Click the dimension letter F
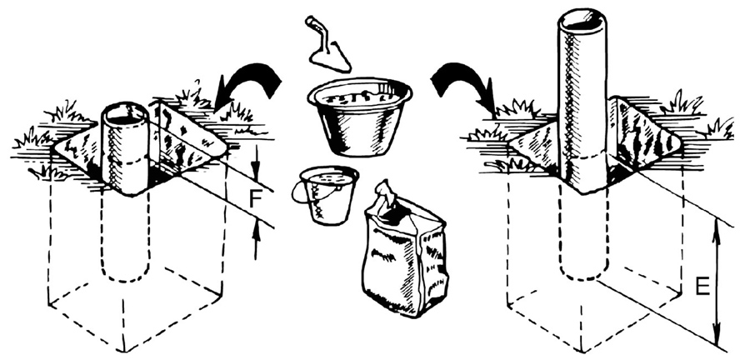256,201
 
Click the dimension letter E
702,286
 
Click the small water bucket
327,194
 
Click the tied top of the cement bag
387,195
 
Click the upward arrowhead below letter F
257,231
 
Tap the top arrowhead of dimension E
716,231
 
